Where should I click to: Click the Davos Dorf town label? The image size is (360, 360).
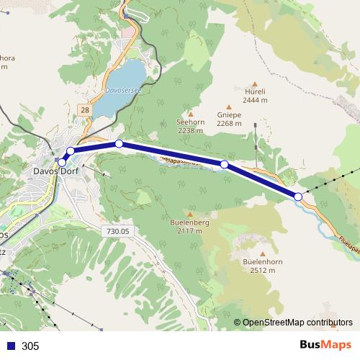click(56, 171)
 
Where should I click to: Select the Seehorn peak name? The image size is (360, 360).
click(191, 122)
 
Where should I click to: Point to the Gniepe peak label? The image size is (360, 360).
click(229, 114)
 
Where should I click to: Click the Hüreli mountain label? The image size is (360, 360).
click(255, 91)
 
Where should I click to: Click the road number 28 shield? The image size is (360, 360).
click(86, 109)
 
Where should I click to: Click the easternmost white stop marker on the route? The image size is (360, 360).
click(298, 196)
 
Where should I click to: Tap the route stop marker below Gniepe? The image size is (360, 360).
click(224, 165)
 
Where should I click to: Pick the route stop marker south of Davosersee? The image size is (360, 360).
click(119, 144)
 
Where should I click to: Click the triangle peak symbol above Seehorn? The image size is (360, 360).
click(191, 113)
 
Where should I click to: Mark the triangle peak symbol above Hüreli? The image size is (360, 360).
click(255, 82)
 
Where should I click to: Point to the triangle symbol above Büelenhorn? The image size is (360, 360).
click(262, 253)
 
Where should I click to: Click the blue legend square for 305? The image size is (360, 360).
click(10, 346)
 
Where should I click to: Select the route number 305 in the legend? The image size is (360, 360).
click(30, 346)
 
